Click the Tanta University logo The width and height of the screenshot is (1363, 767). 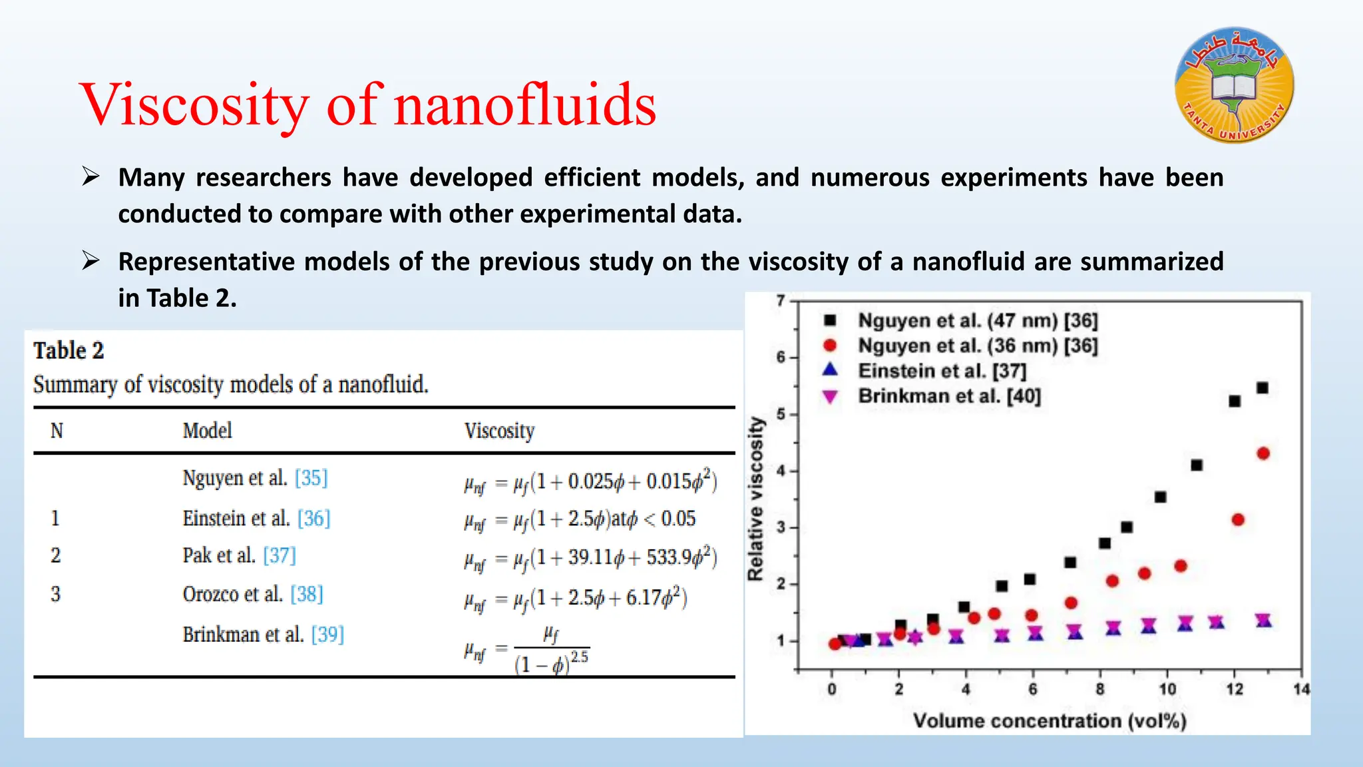pos(1235,85)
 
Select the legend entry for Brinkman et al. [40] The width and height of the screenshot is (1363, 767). pos(948,396)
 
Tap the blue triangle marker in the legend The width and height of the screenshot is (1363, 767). pos(830,370)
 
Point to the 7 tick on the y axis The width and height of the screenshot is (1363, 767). pos(781,301)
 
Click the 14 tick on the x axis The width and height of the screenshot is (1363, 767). pos(1301,689)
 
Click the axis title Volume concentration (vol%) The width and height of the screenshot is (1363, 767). pos(1050,721)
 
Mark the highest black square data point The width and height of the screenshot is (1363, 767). pos(1263,387)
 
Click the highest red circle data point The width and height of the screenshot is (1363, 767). pos(1263,453)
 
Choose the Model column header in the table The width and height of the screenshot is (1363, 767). pos(207,431)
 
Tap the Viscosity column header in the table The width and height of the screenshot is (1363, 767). pos(499,431)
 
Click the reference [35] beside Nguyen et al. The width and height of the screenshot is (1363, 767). pos(311,478)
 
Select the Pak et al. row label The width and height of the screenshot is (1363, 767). pos(219,555)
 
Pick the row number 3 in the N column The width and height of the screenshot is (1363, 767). pos(56,594)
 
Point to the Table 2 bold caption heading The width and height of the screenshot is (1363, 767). pos(69,351)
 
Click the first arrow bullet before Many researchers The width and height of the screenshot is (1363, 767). pos(91,177)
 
